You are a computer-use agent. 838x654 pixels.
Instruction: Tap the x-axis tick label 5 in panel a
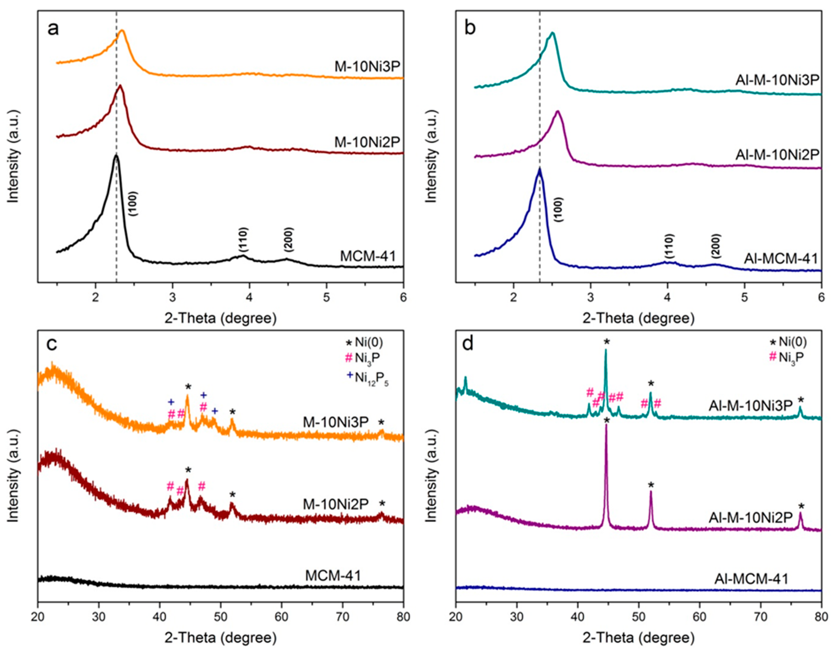point(326,298)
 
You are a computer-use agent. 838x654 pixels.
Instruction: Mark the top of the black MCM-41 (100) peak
point(116,155)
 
